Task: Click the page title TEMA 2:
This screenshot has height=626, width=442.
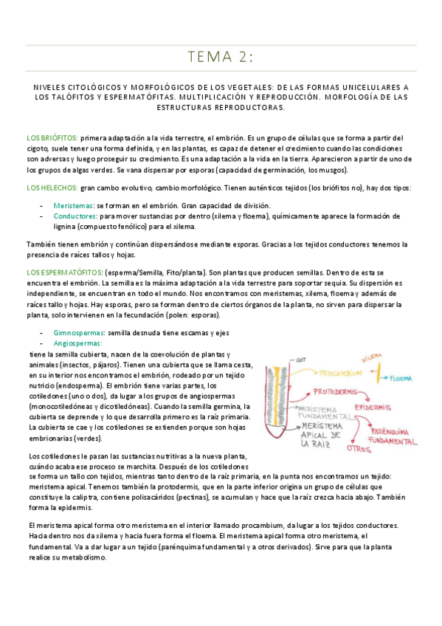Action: [220, 57]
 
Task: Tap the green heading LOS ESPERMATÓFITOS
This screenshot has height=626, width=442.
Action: [68, 274]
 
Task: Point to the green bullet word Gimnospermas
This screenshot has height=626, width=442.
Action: [78, 334]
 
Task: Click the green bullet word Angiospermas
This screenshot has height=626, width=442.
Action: [77, 344]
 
